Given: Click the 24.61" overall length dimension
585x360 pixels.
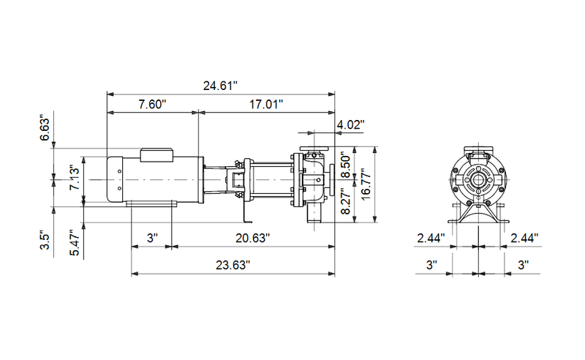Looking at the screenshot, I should pos(221,86).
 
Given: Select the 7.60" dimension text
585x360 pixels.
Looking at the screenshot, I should pos(152,105).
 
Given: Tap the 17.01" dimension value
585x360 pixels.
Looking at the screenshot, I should pos(265,105).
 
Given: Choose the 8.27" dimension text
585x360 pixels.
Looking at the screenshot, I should pos(347,200).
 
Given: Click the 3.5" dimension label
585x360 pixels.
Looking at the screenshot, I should pos(45,241).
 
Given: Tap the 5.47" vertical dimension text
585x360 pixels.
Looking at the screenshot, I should pos(74,242).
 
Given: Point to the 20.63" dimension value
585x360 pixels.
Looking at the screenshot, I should pos(252,239).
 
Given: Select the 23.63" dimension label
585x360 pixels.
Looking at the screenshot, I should pos(232,264).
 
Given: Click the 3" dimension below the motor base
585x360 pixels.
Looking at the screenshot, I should pos(151,239).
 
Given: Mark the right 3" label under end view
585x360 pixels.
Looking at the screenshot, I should pos(524,264).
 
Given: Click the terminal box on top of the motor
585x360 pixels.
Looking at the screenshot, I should pos(156,154).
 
